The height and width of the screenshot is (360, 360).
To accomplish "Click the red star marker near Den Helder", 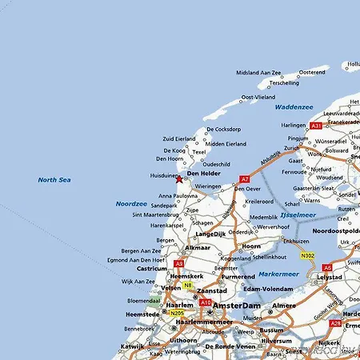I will (x=178, y=179).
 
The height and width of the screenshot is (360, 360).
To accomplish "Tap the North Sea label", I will (x=54, y=180).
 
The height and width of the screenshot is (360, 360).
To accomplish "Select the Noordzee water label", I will (x=131, y=203).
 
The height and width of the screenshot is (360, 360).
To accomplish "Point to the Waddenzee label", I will (x=294, y=106).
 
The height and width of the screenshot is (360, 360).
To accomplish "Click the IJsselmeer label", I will (x=297, y=215).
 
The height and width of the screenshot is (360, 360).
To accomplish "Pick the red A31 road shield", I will (x=317, y=126).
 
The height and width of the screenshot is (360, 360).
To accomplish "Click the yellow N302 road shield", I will (x=307, y=256).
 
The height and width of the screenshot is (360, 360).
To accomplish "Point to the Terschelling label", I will (x=283, y=82).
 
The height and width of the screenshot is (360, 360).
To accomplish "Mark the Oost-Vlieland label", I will (x=258, y=97).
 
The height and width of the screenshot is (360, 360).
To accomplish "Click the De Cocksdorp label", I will (x=223, y=129).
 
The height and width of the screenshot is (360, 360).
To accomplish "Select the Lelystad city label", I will (x=330, y=277).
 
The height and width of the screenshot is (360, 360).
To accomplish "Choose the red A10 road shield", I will (x=206, y=302).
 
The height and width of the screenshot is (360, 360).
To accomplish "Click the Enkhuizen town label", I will (x=296, y=240).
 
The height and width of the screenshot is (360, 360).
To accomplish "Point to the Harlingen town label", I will (x=294, y=126).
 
